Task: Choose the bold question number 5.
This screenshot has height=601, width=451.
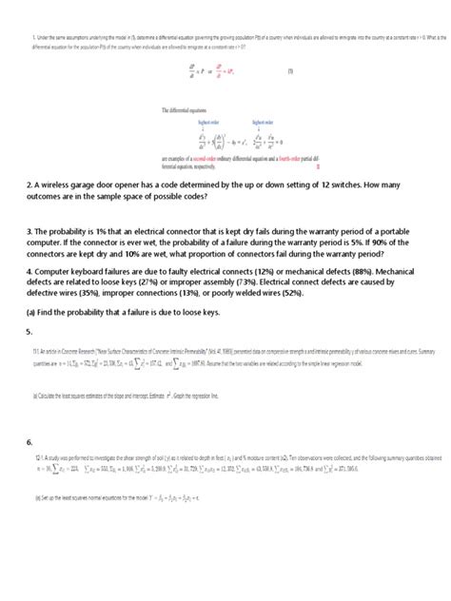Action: [29, 359]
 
